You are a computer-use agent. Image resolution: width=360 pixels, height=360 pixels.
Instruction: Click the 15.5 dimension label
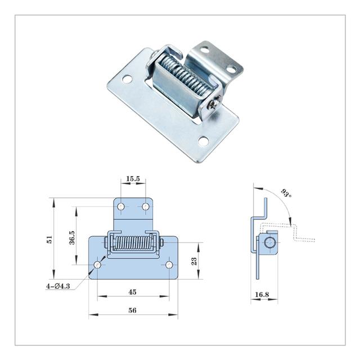tap(133, 179)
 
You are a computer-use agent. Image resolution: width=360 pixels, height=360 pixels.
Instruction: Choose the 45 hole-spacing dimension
tap(133, 291)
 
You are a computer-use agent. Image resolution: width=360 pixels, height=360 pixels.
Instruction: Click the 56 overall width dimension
tap(133, 310)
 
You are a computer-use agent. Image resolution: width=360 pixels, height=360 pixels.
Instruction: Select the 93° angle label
tap(286, 195)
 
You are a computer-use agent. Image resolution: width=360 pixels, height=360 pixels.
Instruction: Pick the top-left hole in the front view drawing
tap(120, 207)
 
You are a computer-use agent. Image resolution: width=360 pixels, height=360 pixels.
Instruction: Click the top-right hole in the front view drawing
tap(146, 207)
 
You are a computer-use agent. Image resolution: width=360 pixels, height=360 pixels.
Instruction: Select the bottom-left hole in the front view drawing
tap(97, 264)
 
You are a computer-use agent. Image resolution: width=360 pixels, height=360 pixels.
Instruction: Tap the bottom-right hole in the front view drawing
tap(169, 264)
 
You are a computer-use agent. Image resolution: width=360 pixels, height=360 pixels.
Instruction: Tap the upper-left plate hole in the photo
tap(128, 79)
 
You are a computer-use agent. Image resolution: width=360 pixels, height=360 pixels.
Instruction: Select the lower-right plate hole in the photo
tap(203, 141)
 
